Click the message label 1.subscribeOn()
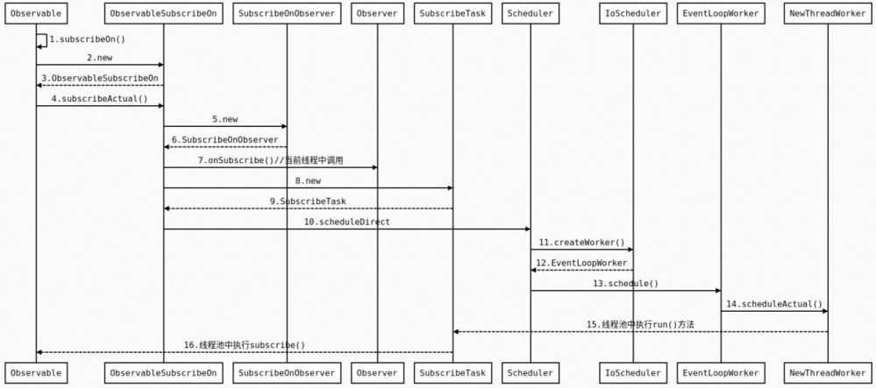pyautogui.click(x=88, y=39)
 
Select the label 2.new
pyautogui.click(x=99, y=57)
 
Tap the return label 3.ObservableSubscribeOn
pyautogui.click(x=99, y=78)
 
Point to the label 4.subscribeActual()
pyautogui.click(x=99, y=98)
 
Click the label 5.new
pyautogui.click(x=224, y=118)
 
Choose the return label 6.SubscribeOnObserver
pyautogui.click(x=224, y=139)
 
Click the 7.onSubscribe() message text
pyautogui.click(x=270, y=160)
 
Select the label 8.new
pyautogui.click(x=308, y=180)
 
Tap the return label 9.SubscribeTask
pyautogui.click(x=308, y=201)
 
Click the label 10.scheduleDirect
pyautogui.click(x=346, y=222)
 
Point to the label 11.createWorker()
pyautogui.click(x=581, y=242)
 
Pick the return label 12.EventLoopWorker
pyautogui.click(x=581, y=263)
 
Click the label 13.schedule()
pyautogui.click(x=625, y=283)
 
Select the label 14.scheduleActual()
pyautogui.click(x=774, y=304)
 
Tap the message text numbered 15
pyautogui.click(x=640, y=324)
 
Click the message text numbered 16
pyautogui.click(x=245, y=345)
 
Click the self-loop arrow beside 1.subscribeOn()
pyautogui.click(x=42, y=40)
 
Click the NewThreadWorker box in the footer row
pyautogui.click(x=828, y=372)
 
